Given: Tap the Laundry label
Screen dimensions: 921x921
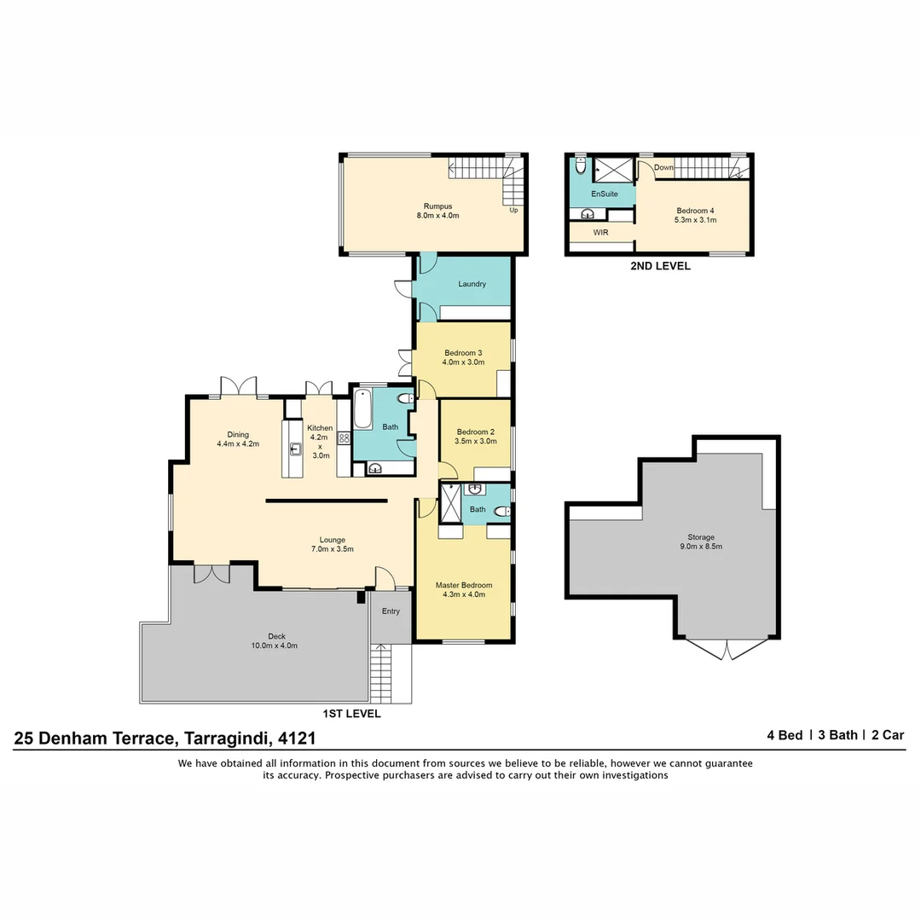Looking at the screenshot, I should (x=472, y=284).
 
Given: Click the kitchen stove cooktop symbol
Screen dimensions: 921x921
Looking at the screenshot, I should (x=345, y=438).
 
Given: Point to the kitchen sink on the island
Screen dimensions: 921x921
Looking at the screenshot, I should (x=296, y=449).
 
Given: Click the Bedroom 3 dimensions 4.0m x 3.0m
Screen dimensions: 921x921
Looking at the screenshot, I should (x=463, y=362).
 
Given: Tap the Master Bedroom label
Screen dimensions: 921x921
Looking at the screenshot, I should (x=464, y=585).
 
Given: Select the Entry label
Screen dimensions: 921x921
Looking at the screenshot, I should (x=391, y=611).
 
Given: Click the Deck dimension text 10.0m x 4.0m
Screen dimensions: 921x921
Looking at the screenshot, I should (x=275, y=646).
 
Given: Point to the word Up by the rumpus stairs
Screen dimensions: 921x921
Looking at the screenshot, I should (x=513, y=210).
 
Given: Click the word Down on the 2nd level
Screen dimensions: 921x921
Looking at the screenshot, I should (x=663, y=168).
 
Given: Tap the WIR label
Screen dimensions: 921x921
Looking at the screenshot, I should (x=600, y=231).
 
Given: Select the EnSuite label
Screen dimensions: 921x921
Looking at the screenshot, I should (x=604, y=194).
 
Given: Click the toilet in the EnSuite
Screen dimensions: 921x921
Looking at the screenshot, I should (x=580, y=166).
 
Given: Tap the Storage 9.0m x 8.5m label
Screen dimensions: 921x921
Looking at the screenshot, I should (x=701, y=542).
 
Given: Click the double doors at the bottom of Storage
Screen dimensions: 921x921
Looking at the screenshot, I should (x=727, y=650).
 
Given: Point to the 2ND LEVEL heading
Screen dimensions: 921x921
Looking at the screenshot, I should (x=660, y=266).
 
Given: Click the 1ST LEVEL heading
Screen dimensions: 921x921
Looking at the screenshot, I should (x=351, y=714).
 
